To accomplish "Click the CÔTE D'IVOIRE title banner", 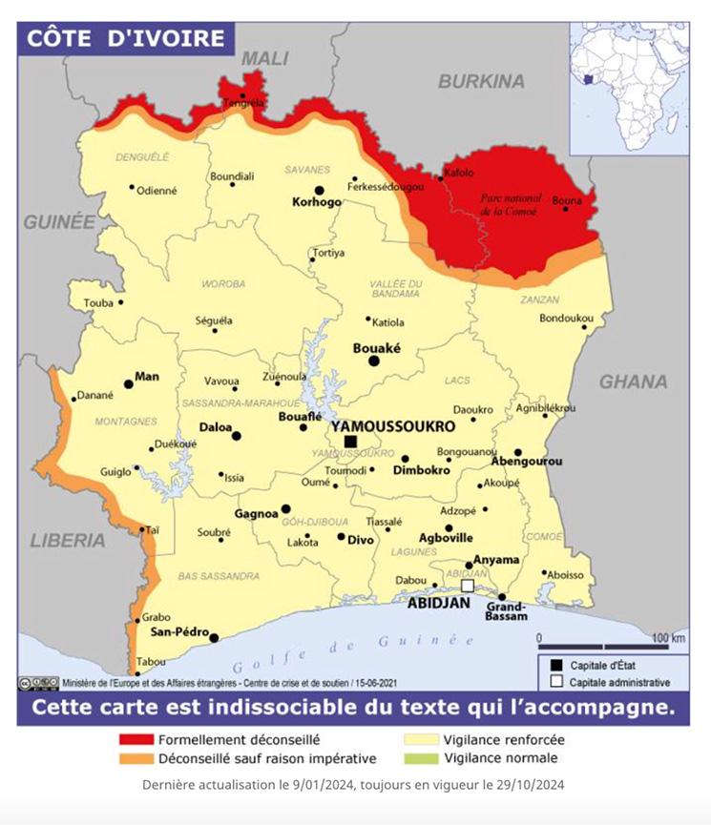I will coord(124,39).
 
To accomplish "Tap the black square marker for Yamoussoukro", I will coord(351,442).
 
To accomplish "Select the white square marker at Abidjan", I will coord(468,587).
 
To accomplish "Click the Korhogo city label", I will coord(316,203).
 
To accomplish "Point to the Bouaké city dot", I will coord(375,361).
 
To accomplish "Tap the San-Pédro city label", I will coord(179,631).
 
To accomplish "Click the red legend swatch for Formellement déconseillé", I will coord(136,739).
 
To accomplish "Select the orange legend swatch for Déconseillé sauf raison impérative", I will coord(136,758).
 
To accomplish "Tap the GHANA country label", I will coord(633,382).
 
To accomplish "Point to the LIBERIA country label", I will coord(68,540).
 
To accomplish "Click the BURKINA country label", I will coord(482,81).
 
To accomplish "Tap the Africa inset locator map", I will coord(630,86).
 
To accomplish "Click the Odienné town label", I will coord(157,190).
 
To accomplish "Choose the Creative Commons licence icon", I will coord(38,683).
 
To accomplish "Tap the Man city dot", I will coord(129,384).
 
